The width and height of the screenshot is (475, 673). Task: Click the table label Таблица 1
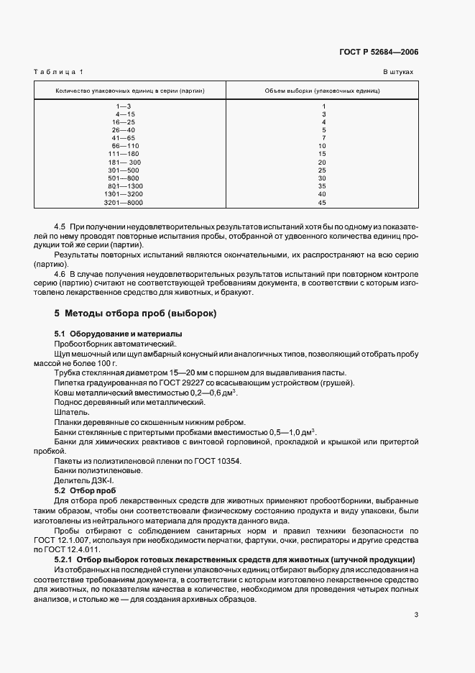point(59,73)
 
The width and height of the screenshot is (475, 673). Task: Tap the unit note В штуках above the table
point(398,73)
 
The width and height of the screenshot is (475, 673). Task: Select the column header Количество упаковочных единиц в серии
point(130,91)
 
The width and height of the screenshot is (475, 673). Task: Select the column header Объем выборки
point(323,91)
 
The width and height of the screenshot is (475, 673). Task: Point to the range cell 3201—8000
point(124,202)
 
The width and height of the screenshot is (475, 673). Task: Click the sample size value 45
point(323,202)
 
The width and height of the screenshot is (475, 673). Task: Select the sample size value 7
point(324,138)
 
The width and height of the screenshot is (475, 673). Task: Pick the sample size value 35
point(323,186)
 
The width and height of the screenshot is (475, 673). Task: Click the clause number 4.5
point(61,225)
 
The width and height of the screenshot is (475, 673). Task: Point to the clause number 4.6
point(61,273)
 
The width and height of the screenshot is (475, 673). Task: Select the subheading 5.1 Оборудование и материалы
point(119,334)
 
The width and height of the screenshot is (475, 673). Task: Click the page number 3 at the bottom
point(416,615)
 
